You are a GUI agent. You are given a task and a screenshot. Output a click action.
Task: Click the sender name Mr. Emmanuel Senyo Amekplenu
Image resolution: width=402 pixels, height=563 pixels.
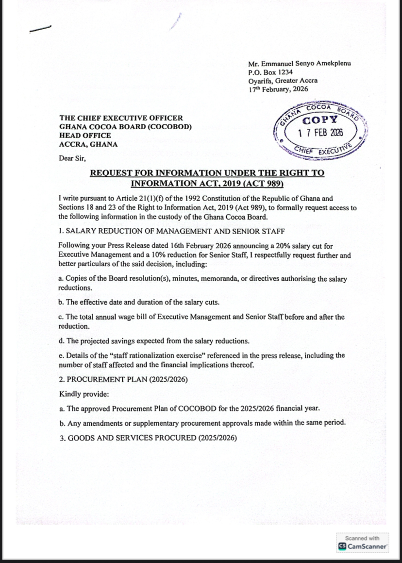tap(299, 64)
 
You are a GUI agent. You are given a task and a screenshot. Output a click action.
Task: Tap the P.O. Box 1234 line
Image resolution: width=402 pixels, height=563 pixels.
tap(268, 72)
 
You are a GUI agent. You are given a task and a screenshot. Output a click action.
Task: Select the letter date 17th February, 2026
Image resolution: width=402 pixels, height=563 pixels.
tap(278, 89)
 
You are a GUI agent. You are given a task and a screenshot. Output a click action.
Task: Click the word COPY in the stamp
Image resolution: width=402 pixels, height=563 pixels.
tap(319, 120)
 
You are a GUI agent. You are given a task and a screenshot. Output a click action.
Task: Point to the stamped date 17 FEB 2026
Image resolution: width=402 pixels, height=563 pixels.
tap(320, 133)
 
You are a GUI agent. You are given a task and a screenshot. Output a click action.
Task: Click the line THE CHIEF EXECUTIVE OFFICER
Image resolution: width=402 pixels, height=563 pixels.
tap(121, 118)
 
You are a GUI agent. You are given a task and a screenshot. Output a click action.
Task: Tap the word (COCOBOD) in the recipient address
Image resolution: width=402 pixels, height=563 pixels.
tap(169, 127)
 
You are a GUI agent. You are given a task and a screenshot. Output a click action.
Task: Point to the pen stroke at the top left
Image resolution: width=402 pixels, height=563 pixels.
tap(40, 29)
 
